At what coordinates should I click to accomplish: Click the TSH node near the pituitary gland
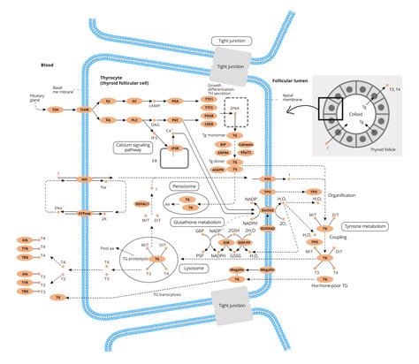click(x=56, y=110)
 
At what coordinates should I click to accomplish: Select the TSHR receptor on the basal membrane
click(x=85, y=110)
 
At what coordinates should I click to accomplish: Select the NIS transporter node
click(x=85, y=179)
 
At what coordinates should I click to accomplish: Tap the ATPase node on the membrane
click(x=85, y=213)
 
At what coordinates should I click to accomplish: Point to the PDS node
click(x=268, y=179)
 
